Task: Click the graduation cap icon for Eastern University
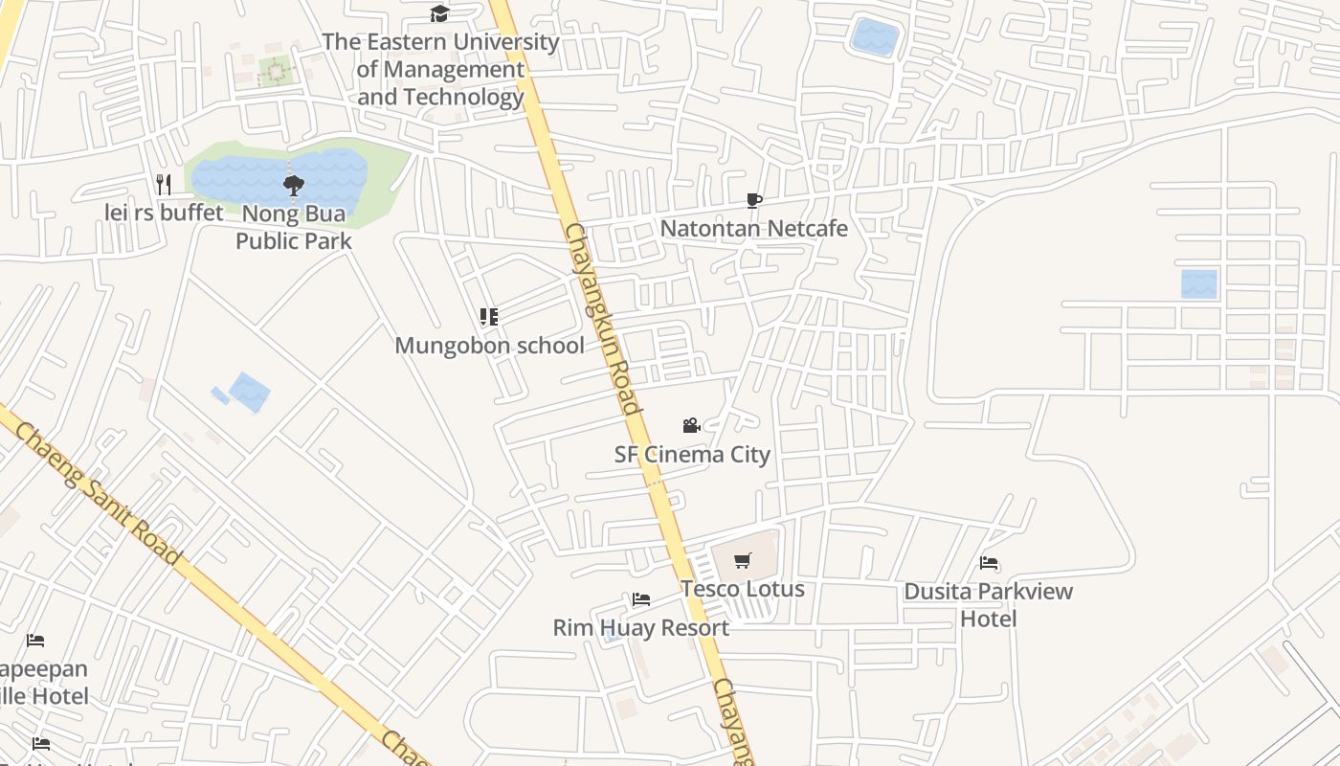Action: coord(439,13)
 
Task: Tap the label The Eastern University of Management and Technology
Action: coord(440,69)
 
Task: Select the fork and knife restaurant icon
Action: coord(164,184)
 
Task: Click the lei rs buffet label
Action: coord(164,213)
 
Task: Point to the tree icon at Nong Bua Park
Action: coord(293,185)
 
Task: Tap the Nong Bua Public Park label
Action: coord(294,227)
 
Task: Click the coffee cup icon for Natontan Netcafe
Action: coord(754,200)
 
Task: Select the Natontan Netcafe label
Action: coord(754,229)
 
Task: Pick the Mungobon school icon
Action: coord(489,317)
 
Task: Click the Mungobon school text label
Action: coord(489,346)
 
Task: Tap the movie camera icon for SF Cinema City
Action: coord(691,425)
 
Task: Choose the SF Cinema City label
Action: coord(692,454)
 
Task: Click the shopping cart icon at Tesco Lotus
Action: coord(743,561)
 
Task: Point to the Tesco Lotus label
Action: coord(743,589)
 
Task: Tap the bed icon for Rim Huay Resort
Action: coord(641,599)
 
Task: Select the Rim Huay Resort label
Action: coord(641,628)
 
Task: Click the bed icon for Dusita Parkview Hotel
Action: coord(989,563)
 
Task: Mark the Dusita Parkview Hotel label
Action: coord(989,605)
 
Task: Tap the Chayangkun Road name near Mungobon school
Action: coord(602,318)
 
